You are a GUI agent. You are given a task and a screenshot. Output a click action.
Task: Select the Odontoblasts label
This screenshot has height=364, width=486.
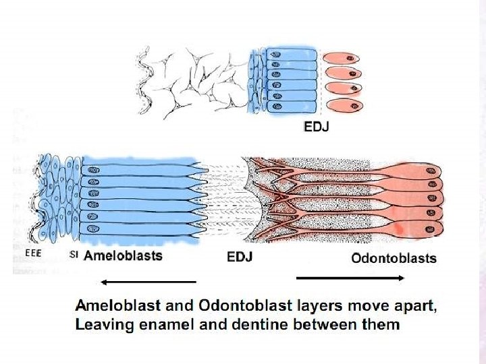pyautogui.click(x=394, y=258)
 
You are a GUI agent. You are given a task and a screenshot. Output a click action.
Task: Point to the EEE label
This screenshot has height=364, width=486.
pyautogui.click(x=32, y=253)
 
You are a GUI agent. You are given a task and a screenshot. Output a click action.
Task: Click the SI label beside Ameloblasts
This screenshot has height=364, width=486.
pyautogui.click(x=74, y=254)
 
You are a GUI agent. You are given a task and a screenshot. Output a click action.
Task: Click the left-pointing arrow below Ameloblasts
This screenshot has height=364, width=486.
pyautogui.click(x=148, y=281)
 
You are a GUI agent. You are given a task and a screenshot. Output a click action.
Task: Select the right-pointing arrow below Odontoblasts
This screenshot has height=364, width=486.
pyautogui.click(x=350, y=278)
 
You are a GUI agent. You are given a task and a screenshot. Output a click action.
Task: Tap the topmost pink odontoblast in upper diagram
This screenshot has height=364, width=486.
pyautogui.click(x=342, y=59)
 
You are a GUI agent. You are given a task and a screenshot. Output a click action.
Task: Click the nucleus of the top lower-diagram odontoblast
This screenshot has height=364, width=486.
pyautogui.click(x=430, y=173)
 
